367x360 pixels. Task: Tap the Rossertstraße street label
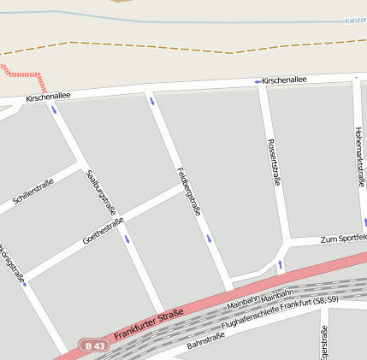click(x=274, y=162)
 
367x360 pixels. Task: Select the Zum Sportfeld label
click(x=341, y=239)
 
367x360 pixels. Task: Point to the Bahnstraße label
click(x=205, y=341)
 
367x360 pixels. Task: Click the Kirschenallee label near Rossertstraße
click(x=285, y=80)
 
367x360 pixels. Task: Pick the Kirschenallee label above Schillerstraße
click(x=48, y=97)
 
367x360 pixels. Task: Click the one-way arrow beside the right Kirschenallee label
click(x=257, y=81)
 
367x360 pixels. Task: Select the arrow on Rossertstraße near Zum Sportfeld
click(x=279, y=264)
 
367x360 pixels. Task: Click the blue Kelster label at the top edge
click(x=356, y=20)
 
